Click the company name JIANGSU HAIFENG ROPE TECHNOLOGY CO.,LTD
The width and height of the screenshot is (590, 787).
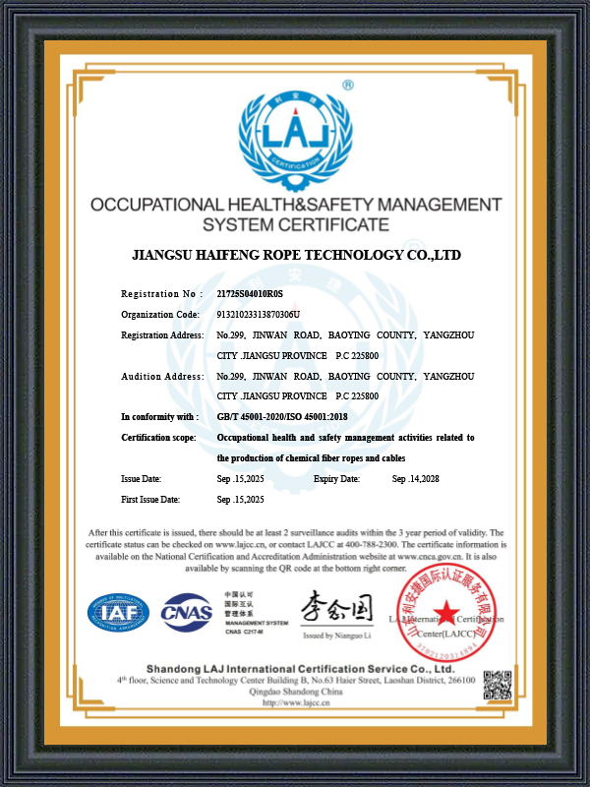pos(296,255)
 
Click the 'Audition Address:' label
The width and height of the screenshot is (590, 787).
pos(162,376)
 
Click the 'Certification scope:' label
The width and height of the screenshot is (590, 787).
pos(158,437)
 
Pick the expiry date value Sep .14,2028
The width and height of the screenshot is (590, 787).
pos(415,479)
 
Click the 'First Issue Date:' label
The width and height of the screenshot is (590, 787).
pos(150,500)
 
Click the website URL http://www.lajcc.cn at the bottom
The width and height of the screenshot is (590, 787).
pos(296,702)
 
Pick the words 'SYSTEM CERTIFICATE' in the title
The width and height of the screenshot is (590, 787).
pos(296,225)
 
